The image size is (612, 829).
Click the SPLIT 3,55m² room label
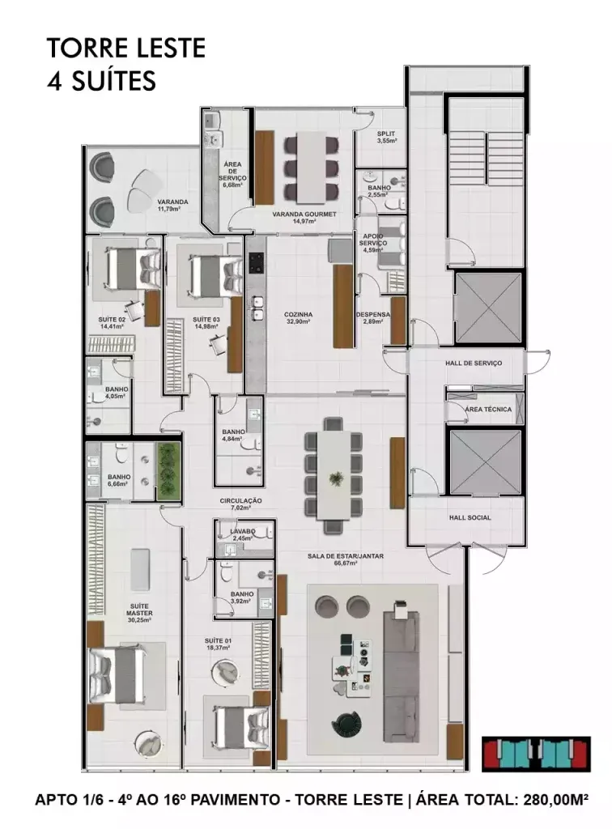(386, 138)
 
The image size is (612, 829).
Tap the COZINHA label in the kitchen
(298, 314)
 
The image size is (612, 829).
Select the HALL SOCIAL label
(470, 517)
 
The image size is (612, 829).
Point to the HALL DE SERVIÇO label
(474, 363)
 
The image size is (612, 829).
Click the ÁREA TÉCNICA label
(488, 409)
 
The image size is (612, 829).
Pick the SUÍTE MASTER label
(139, 610)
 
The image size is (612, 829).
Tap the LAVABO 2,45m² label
(243, 534)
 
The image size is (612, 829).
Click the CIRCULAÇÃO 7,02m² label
(241, 504)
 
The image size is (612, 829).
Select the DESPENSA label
(372, 314)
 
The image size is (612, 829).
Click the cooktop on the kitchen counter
(257, 262)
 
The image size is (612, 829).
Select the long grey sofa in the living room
(402, 671)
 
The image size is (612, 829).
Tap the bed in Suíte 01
(241, 728)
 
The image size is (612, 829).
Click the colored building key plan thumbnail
(536, 753)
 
